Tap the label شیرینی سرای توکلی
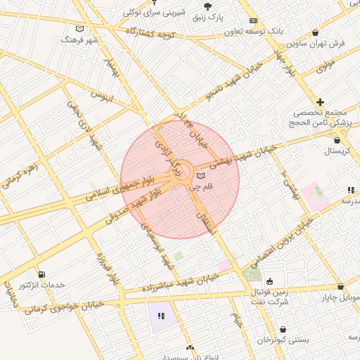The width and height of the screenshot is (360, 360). click(155, 12)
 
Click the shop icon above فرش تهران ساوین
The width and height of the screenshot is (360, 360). click(314, 33)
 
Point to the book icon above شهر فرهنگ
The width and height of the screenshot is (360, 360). click(79, 30)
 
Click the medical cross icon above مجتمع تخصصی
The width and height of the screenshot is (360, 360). click(321, 102)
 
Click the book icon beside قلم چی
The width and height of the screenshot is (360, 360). click(201, 175)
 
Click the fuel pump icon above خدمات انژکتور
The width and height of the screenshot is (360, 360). click(41, 274)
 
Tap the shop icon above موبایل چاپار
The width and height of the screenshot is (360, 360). click(340, 287)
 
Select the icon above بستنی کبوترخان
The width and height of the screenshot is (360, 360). click(283, 328)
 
